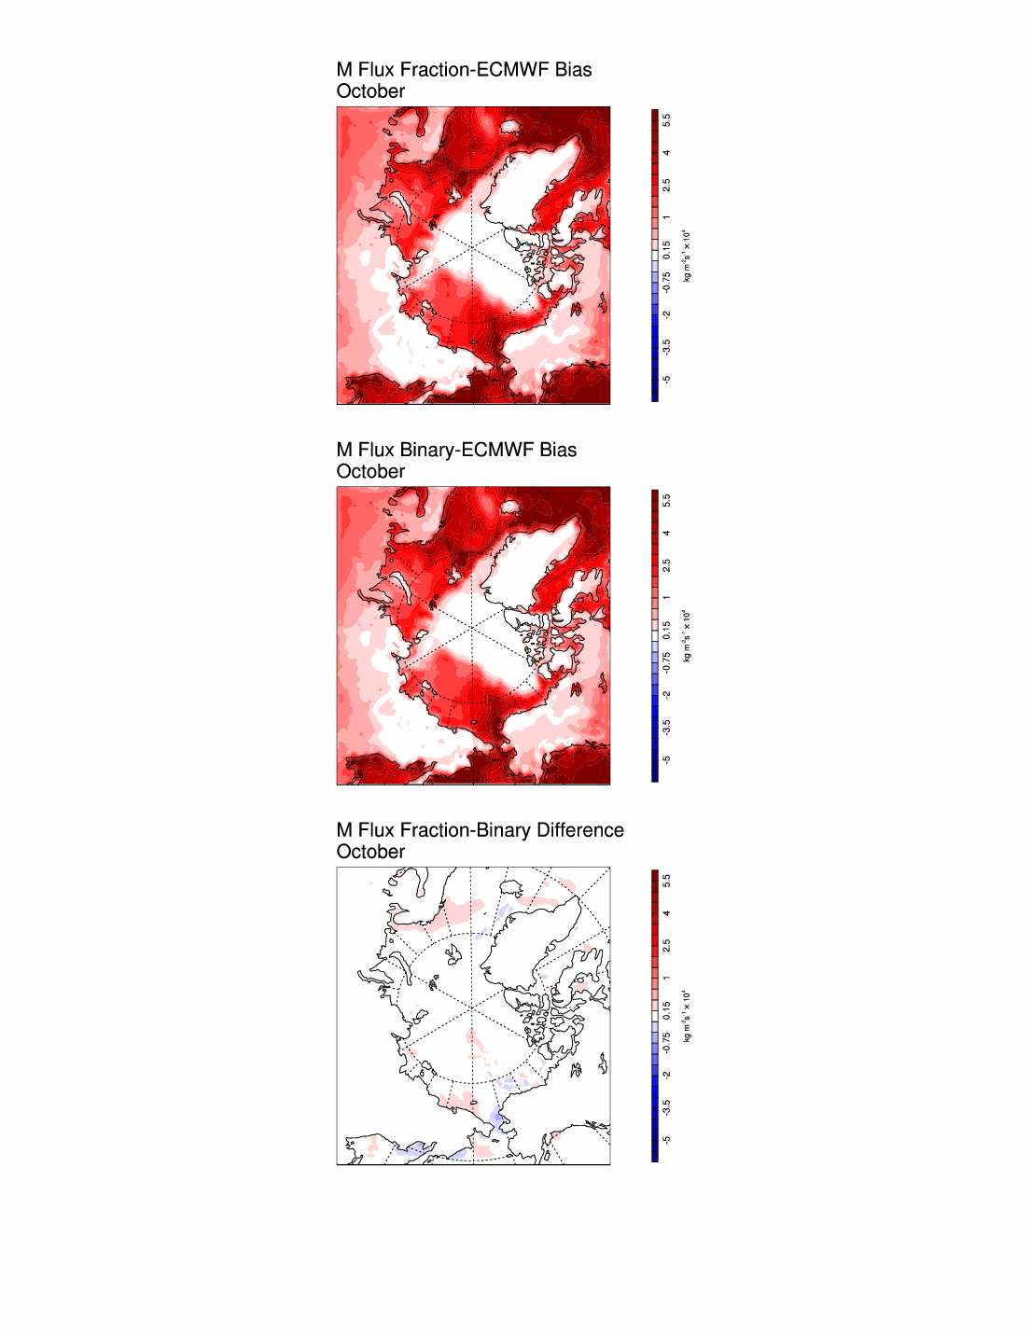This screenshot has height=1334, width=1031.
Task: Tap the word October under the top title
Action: point(370,91)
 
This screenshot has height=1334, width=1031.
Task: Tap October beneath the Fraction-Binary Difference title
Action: point(370,852)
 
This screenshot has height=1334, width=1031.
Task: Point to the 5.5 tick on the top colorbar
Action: point(666,120)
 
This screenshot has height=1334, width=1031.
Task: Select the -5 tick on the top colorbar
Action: point(666,379)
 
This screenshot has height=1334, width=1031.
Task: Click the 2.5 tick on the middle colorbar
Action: point(666,565)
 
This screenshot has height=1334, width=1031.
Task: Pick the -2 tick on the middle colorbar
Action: point(666,694)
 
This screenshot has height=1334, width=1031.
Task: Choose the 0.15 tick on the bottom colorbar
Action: point(666,1010)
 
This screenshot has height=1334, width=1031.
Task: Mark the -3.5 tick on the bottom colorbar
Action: point(666,1106)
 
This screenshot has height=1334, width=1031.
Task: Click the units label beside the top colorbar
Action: point(688,256)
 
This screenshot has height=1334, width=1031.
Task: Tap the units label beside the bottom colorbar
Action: point(688,1016)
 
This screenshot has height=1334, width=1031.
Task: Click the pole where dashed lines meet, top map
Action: point(472,247)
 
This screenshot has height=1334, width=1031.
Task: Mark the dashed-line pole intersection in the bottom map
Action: point(472,1008)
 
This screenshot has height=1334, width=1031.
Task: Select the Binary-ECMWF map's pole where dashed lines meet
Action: point(472,628)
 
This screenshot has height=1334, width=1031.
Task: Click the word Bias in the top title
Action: point(573,70)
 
